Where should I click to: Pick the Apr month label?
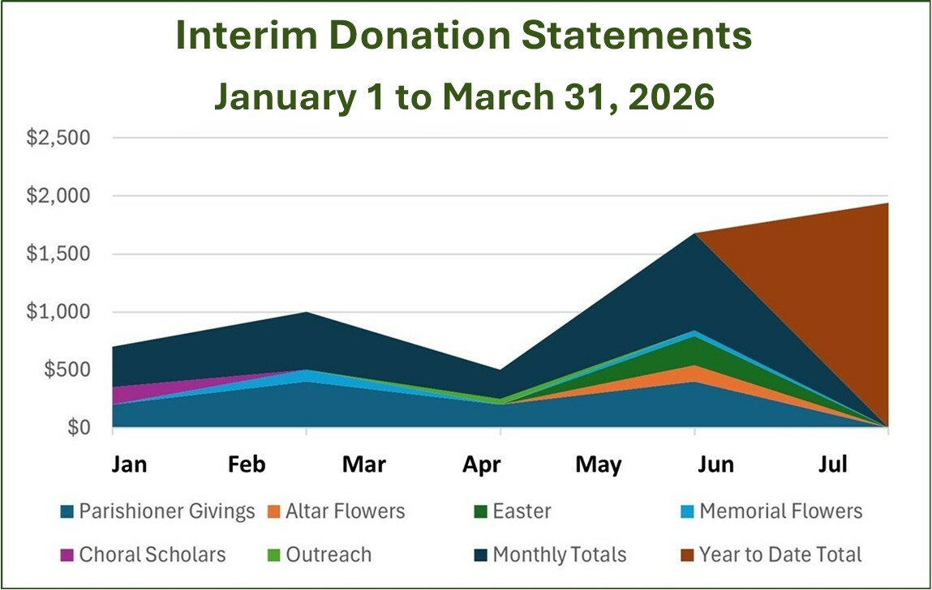pyautogui.click(x=481, y=464)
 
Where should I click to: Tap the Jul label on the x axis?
pyautogui.click(x=832, y=464)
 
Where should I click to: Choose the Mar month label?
pyautogui.click(x=364, y=464)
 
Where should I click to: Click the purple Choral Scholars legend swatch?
pyautogui.click(x=67, y=555)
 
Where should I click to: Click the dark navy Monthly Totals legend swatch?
pyautogui.click(x=480, y=555)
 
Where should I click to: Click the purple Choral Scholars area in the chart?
pyautogui.click(x=130, y=394)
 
